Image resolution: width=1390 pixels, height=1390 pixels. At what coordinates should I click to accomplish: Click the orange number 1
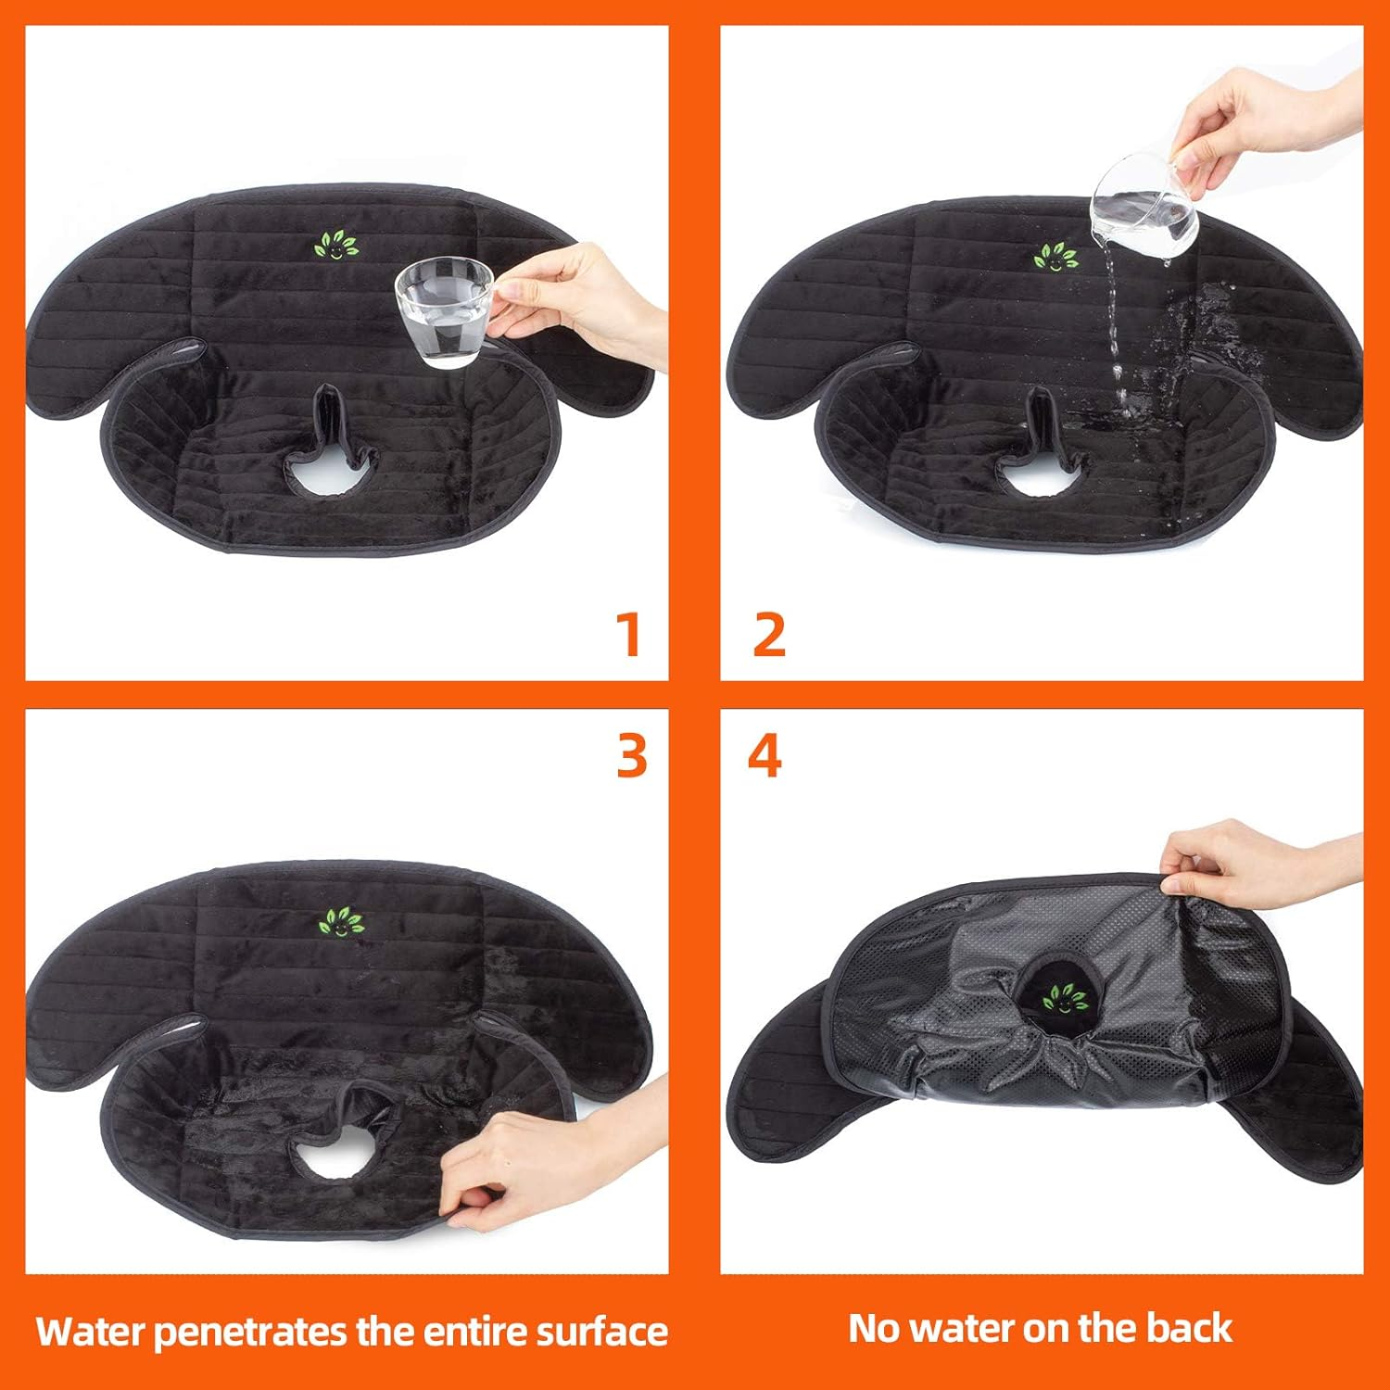pyautogui.click(x=629, y=635)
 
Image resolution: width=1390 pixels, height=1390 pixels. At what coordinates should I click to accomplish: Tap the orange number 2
pyautogui.click(x=768, y=635)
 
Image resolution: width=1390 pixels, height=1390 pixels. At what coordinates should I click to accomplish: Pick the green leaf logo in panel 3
pyautogui.click(x=341, y=922)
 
